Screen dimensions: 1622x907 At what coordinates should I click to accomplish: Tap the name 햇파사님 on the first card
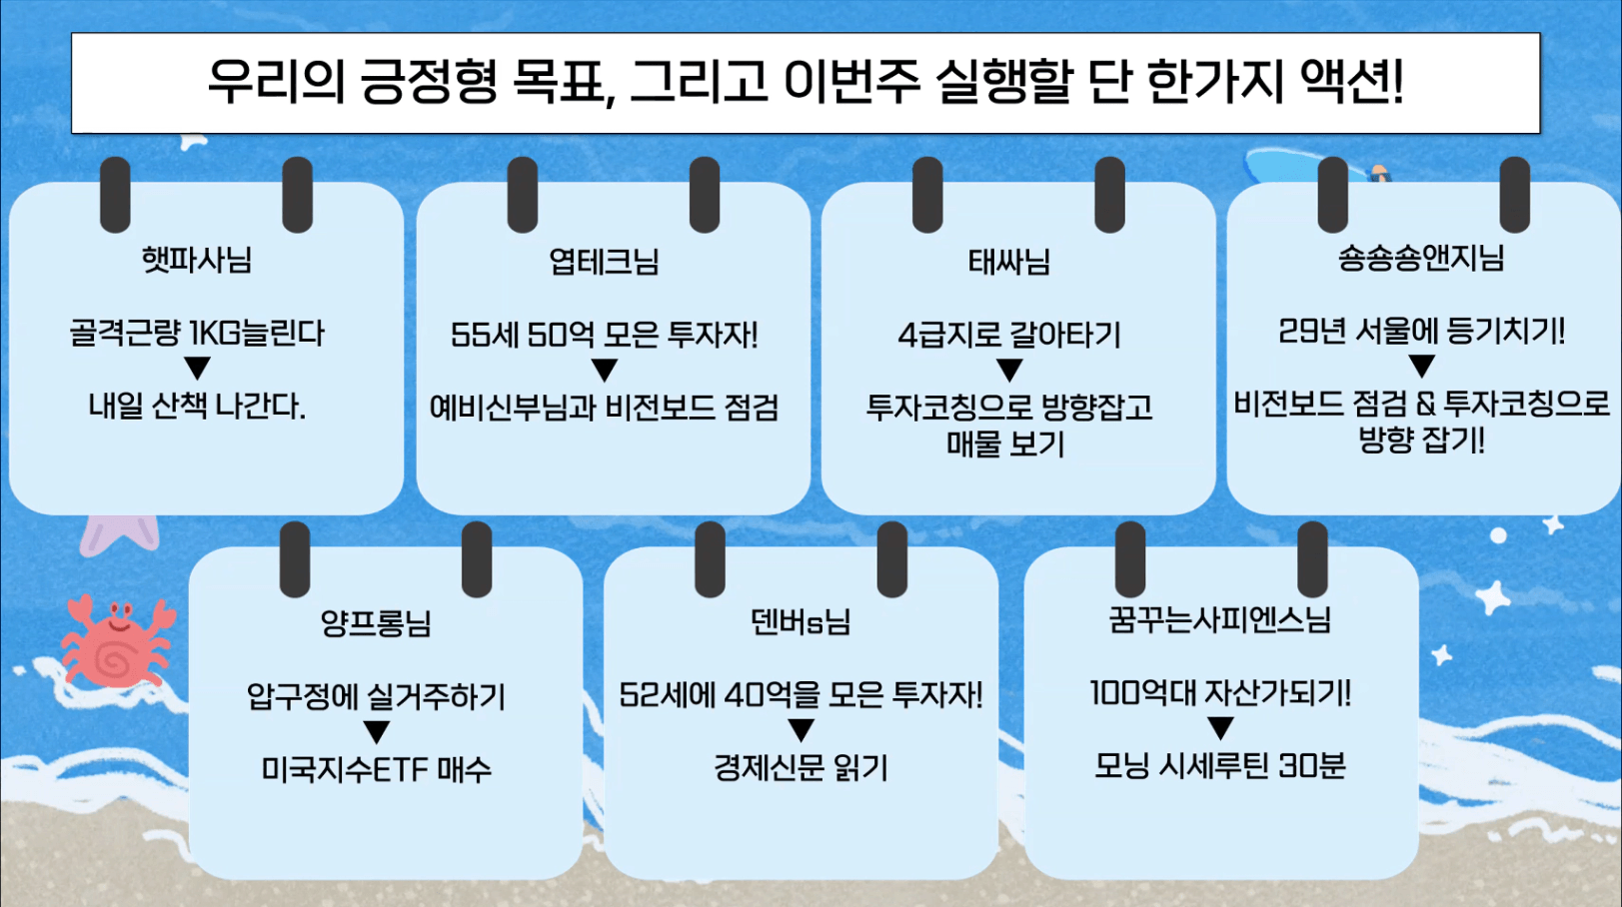coord(196,260)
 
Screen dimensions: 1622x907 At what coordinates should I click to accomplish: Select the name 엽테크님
coord(604,262)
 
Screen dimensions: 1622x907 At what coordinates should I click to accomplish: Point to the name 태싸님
coord(1008,262)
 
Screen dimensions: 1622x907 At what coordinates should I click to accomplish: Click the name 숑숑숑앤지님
coord(1421,258)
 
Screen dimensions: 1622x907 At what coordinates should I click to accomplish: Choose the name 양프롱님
coord(376,622)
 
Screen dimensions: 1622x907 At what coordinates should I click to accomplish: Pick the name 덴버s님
coord(801,621)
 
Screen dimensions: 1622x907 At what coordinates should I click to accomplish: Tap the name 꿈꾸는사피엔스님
coord(1220,619)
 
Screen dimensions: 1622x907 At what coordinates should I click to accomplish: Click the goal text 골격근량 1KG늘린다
coord(197,333)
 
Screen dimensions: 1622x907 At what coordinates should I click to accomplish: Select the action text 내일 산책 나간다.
coord(197,407)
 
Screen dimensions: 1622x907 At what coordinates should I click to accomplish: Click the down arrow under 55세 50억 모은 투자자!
coord(605,370)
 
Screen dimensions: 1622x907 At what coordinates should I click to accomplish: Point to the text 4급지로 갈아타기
coord(1009,336)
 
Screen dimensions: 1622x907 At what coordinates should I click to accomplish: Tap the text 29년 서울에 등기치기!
coord(1421,332)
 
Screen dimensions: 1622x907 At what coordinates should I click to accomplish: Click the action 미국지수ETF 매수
coord(377,769)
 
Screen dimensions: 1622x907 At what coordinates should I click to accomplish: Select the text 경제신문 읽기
coord(801,767)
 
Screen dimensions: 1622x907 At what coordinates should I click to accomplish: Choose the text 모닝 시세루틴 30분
coord(1220,765)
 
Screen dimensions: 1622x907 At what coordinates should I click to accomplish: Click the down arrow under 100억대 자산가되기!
coord(1221,728)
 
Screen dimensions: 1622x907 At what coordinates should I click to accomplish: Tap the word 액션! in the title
coord(1352,80)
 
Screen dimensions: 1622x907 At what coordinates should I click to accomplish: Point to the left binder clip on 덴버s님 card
coord(710,559)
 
